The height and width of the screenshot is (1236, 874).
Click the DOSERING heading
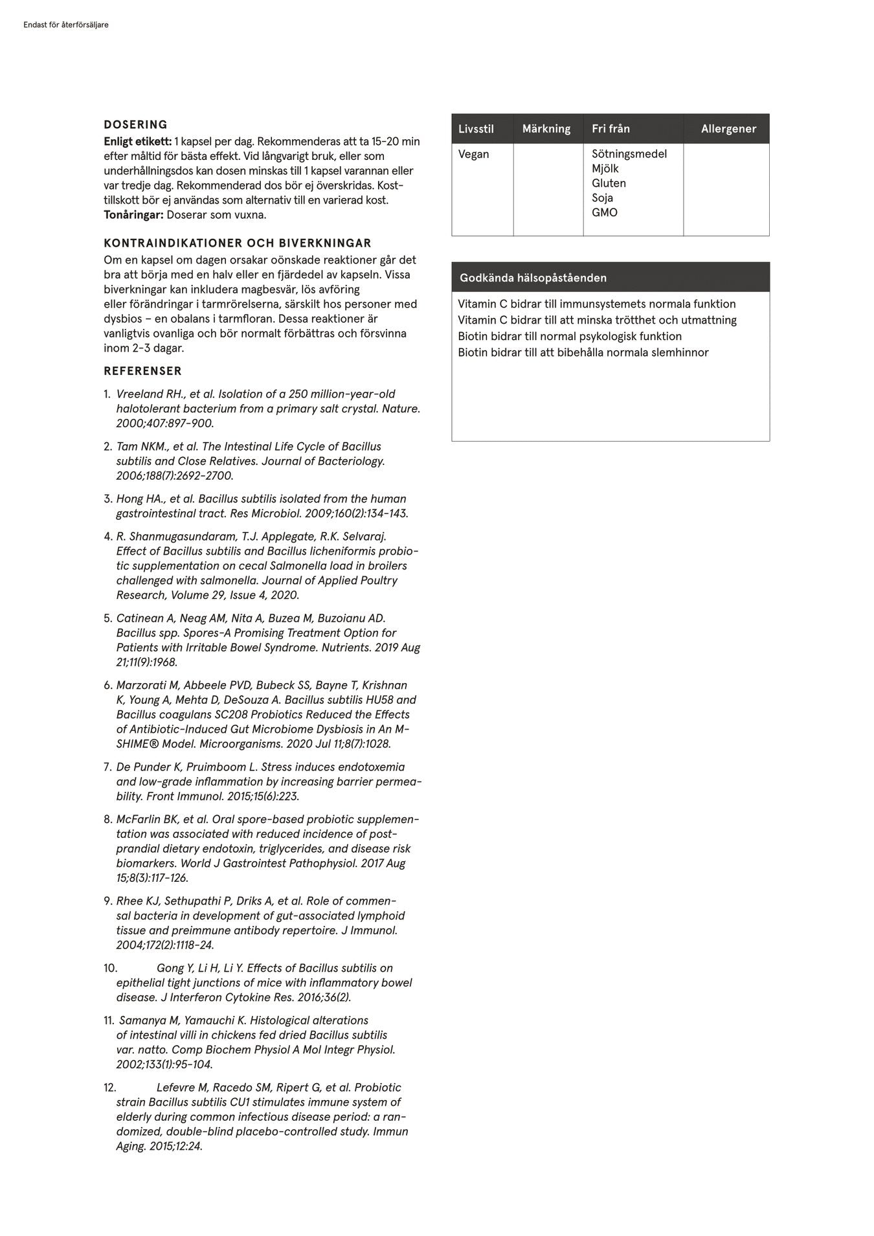coord(135,125)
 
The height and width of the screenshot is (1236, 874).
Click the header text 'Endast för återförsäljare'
coord(65,25)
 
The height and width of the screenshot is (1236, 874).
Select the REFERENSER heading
coord(142,371)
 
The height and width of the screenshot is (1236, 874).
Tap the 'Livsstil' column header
coord(476,129)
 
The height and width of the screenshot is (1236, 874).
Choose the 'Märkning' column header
coord(546,129)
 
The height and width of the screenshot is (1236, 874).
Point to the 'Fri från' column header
coord(611,129)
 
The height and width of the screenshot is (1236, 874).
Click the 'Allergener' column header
coord(728,129)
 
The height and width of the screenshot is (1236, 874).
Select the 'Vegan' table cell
coord(473,154)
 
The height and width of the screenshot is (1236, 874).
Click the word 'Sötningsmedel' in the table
coord(629,154)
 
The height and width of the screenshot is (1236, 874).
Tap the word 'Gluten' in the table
coord(609,183)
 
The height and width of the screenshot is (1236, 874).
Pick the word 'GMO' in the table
coord(604,212)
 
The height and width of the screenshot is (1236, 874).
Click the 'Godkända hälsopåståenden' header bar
coord(611,278)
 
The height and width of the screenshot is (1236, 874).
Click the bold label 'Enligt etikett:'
coord(137,141)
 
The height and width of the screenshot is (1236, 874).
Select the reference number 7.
coord(107,767)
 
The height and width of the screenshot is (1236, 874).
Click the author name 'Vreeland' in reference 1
coord(139,394)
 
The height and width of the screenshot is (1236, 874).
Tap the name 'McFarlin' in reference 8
coord(138,820)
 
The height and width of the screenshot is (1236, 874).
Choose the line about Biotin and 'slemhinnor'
coord(583,353)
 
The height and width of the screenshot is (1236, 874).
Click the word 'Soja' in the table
coord(602,198)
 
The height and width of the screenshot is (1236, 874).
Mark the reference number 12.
coord(109,1088)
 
